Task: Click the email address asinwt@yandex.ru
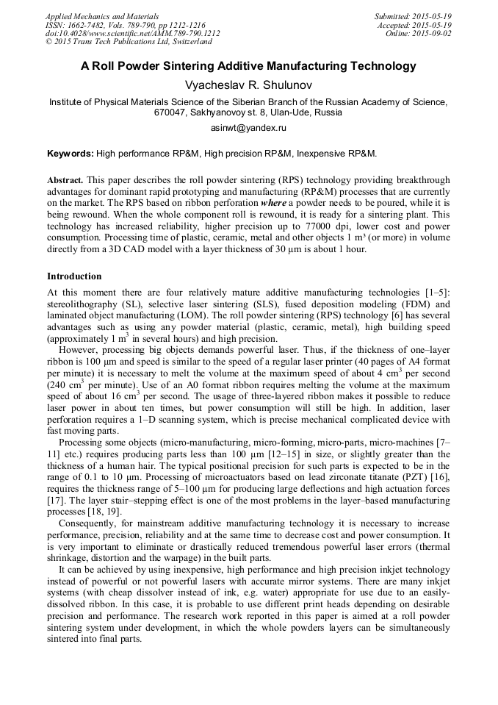[248, 128]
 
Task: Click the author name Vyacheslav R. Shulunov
[248, 85]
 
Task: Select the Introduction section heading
[74, 276]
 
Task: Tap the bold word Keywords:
[71, 154]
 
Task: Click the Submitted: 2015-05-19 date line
[412, 15]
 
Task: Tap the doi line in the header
[132, 33]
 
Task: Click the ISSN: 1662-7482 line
[125, 24]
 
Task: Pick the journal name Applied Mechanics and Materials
[102, 15]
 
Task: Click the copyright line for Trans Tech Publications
[129, 42]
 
